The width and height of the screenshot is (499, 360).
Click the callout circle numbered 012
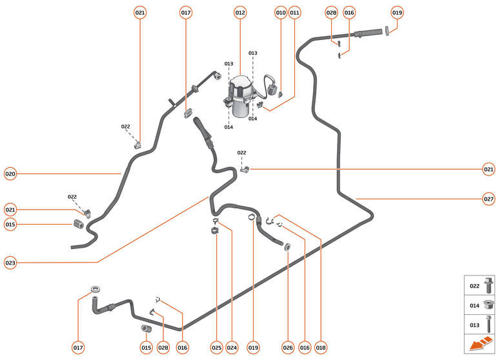[x=240, y=12]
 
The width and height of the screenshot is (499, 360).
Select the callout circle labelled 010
[x=281, y=12]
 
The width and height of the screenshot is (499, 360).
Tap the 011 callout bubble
[x=295, y=12]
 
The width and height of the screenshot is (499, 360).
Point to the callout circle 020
[x=10, y=174]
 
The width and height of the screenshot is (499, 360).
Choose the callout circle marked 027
[x=489, y=199]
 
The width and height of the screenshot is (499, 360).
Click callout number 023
[x=10, y=263]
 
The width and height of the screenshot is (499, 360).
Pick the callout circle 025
[x=216, y=348]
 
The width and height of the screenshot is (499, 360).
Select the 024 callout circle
[x=232, y=348]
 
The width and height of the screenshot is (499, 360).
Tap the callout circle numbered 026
[x=288, y=348]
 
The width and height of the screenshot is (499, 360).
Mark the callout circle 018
[x=321, y=348]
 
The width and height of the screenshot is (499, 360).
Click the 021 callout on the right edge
[x=489, y=170]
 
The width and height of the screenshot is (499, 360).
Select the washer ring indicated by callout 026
[x=287, y=246]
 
